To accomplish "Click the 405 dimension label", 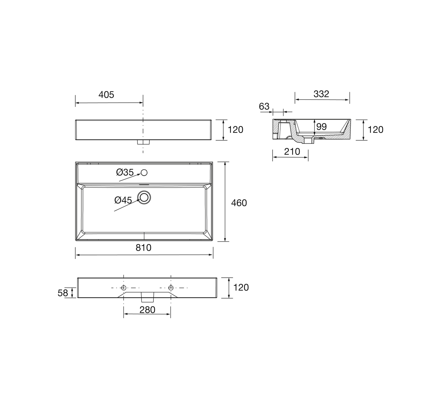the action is [106, 95].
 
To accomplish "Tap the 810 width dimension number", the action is [143, 248].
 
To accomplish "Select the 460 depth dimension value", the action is [239, 203].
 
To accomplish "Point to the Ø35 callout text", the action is [125, 172].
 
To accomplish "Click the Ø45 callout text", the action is [123, 200].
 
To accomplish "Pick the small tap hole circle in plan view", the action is [144, 173].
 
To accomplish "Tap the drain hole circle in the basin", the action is [144, 197].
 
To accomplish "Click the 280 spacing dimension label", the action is [147, 310].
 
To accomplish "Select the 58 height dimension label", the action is [62, 293].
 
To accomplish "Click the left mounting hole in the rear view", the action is [124, 288].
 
